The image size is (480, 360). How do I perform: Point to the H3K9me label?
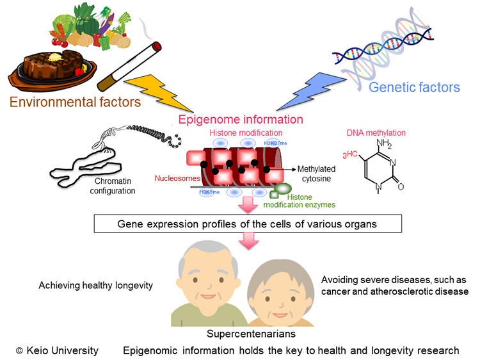coord(209,192)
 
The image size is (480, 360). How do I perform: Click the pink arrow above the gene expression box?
coord(248,205)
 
